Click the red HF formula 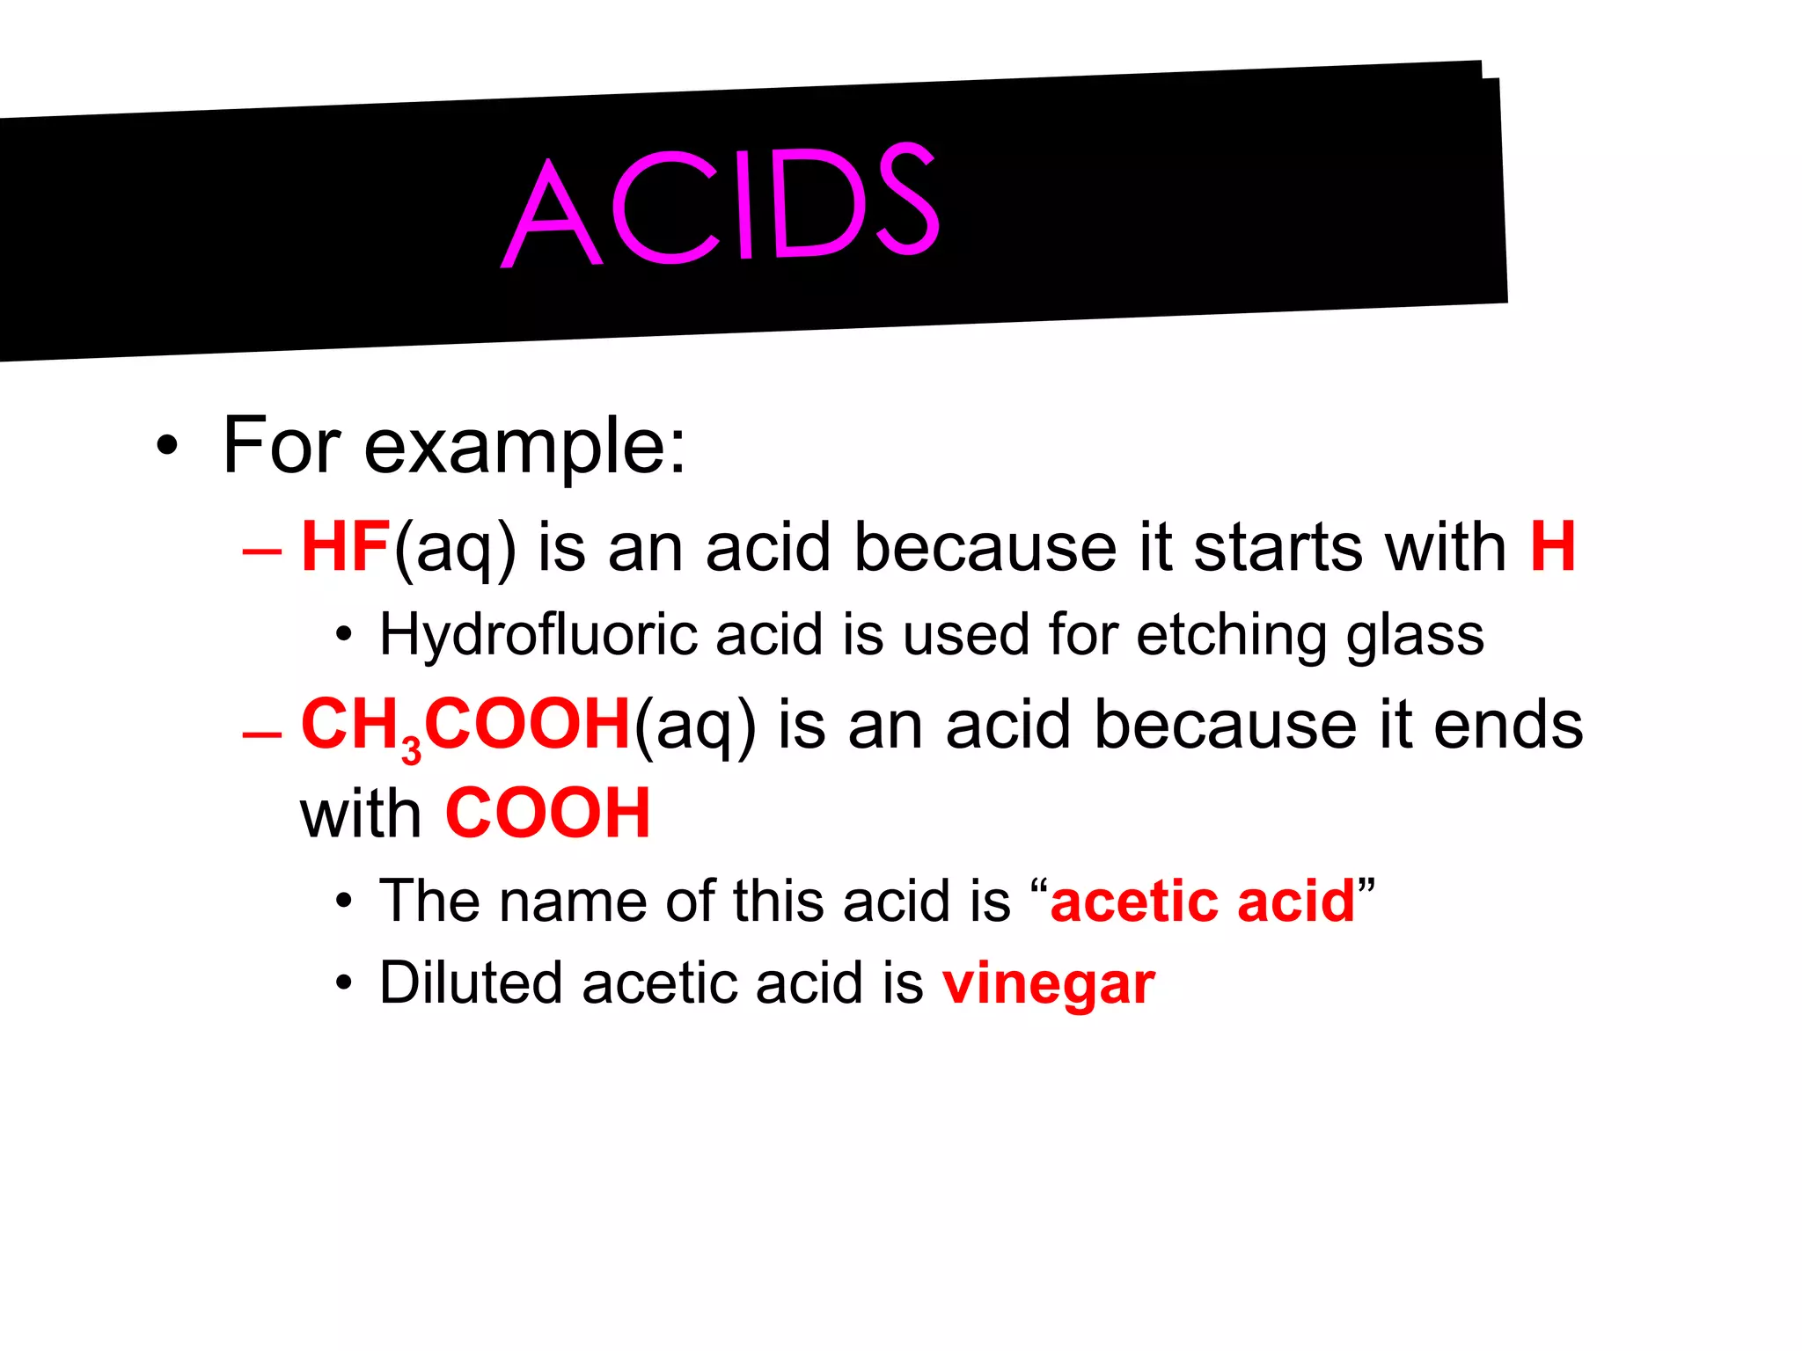pos(345,547)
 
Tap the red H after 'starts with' pos(1552,547)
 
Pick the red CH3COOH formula pos(465,726)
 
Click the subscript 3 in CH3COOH pos(411,750)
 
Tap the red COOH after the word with pos(547,814)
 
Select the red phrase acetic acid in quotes pos(1203,902)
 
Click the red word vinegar pos(1048,983)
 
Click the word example pos(524,447)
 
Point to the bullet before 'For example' pos(166,446)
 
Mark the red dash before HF pos(262,552)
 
